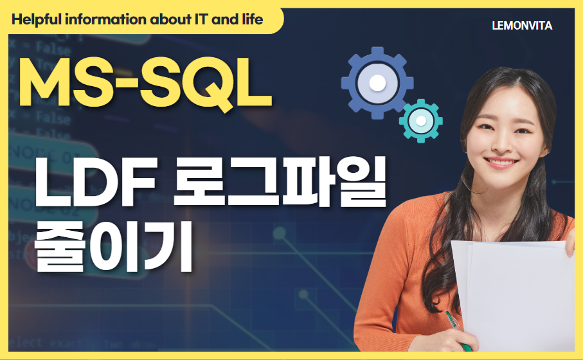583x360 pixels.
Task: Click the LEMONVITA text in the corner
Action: tap(521, 26)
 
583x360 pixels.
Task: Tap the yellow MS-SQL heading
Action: tap(145, 84)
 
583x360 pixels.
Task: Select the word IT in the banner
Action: tap(193, 19)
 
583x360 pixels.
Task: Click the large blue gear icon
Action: tap(378, 83)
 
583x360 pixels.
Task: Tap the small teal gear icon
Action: tap(421, 120)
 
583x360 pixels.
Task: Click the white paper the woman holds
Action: tap(514, 289)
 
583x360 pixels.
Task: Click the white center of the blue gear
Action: tap(378, 83)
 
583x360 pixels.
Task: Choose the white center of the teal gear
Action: tap(421, 120)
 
